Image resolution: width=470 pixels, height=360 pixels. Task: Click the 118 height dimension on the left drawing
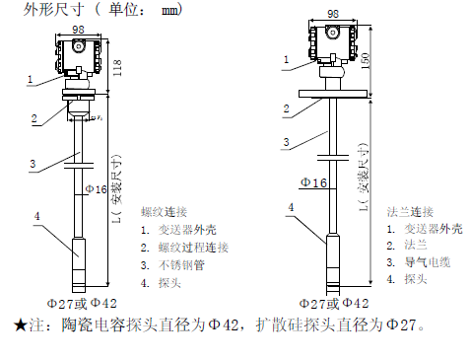click(x=117, y=67)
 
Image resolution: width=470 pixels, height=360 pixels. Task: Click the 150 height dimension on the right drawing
click(x=366, y=61)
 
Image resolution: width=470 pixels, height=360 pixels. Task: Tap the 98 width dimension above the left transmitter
click(x=78, y=30)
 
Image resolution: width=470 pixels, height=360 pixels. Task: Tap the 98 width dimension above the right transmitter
click(x=333, y=14)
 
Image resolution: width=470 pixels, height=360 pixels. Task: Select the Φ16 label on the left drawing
click(x=96, y=189)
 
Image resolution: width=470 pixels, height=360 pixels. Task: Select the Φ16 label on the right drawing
click(x=313, y=182)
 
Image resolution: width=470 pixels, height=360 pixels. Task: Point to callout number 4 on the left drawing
click(x=37, y=216)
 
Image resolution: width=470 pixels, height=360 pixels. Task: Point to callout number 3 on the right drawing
click(x=287, y=142)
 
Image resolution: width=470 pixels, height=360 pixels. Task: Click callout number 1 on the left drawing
click(x=31, y=79)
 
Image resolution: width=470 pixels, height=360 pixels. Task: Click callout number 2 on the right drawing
click(x=287, y=108)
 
